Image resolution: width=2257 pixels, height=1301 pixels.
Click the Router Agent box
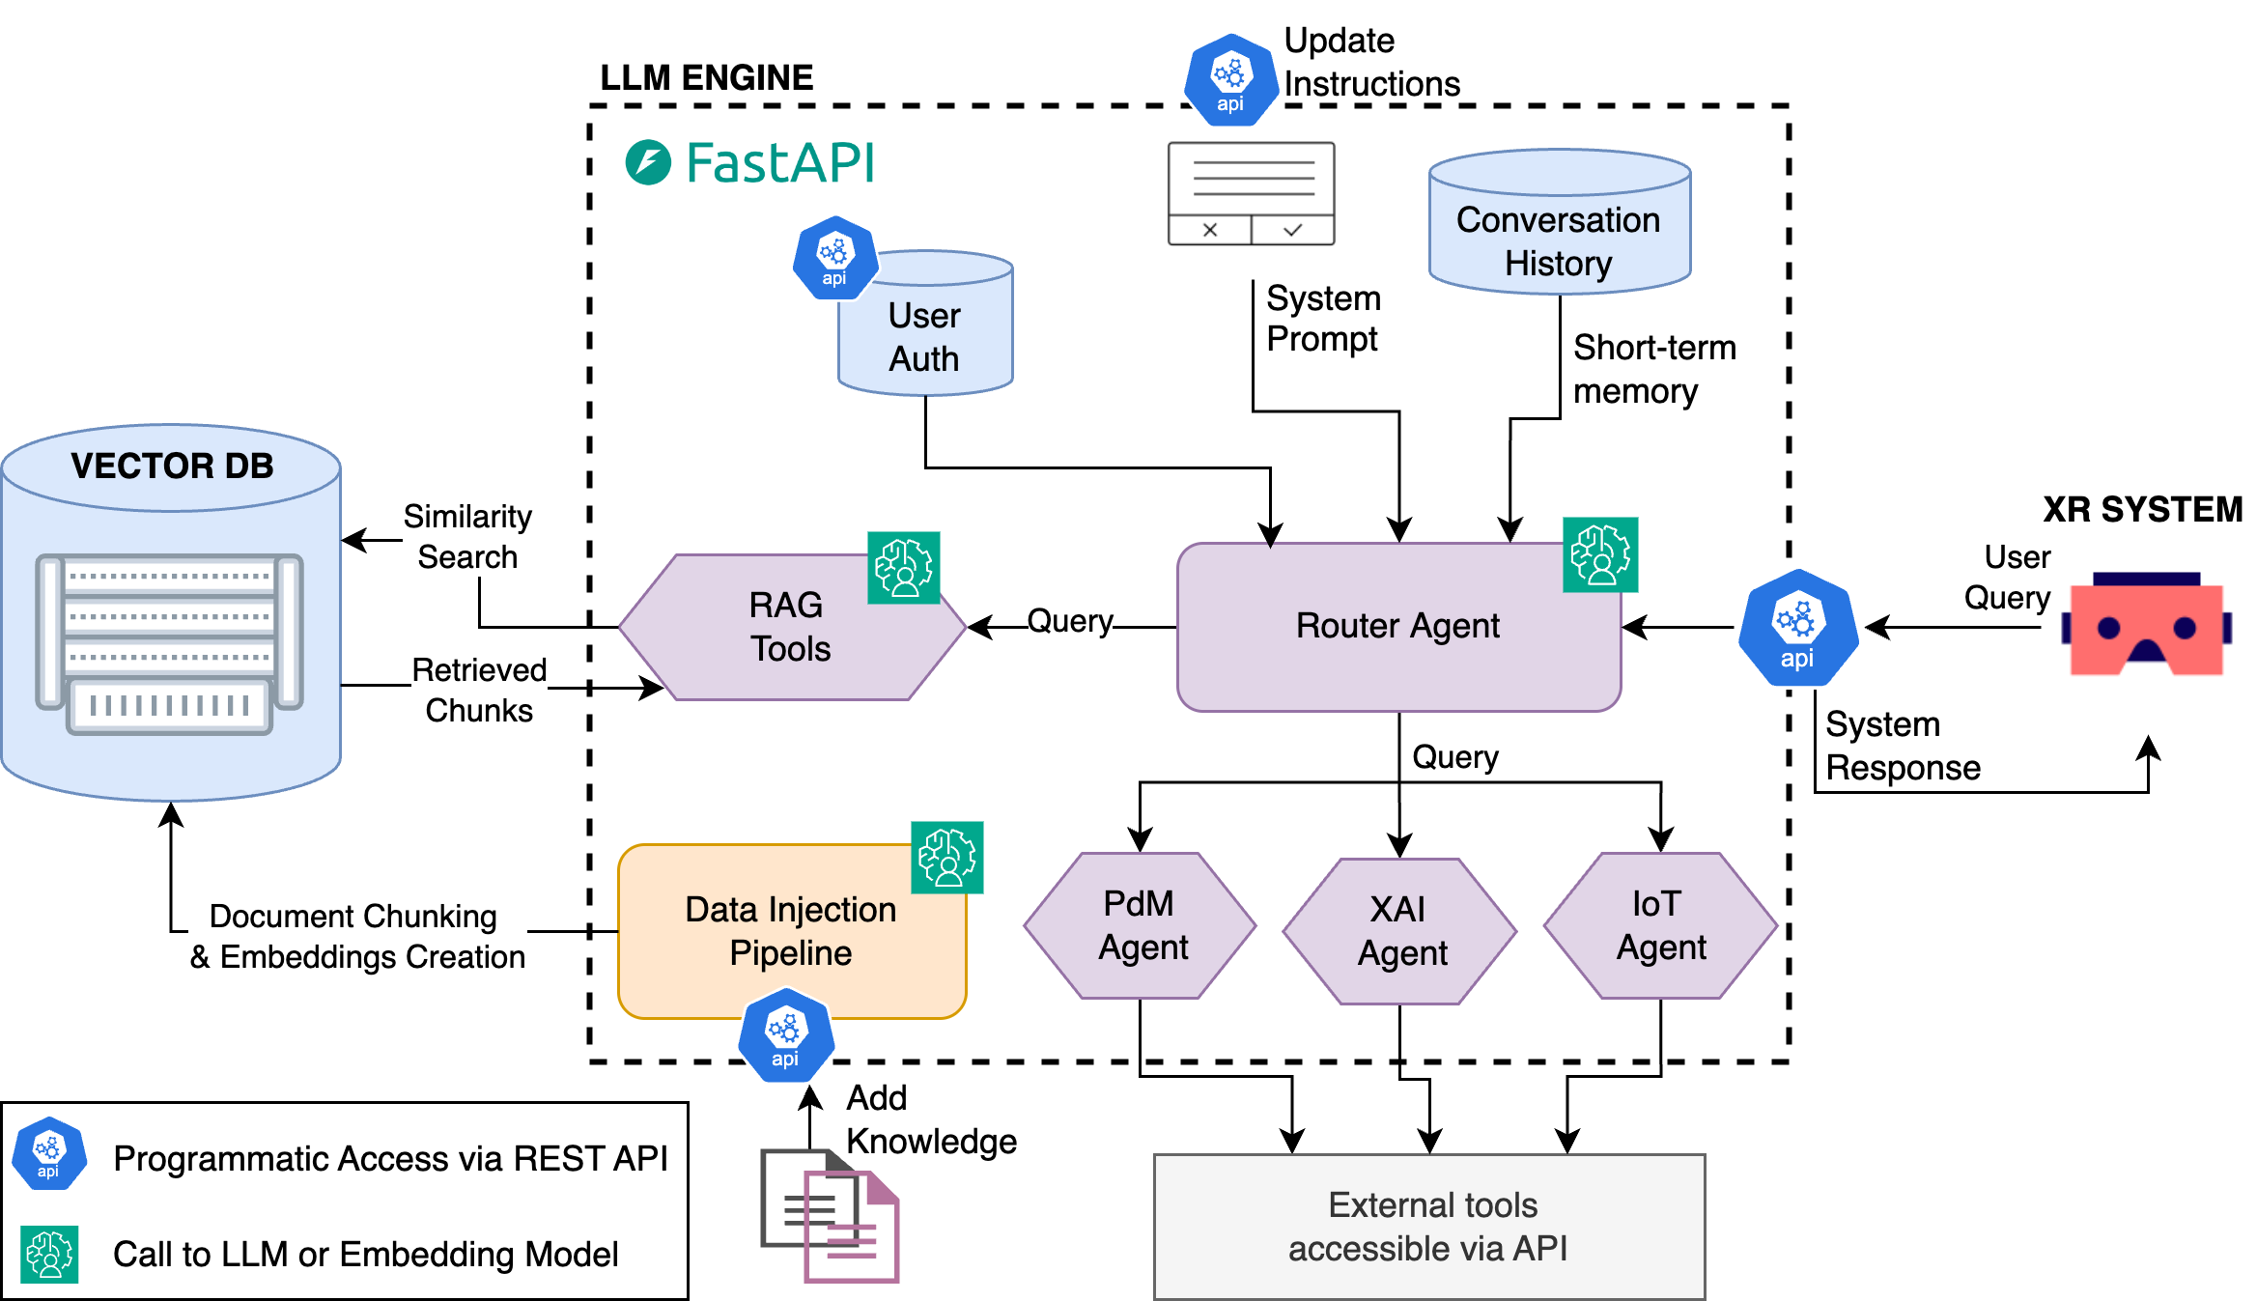tap(1397, 627)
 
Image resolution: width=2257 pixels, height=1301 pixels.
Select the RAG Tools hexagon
tap(790, 627)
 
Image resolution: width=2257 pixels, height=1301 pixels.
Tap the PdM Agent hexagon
tap(1141, 925)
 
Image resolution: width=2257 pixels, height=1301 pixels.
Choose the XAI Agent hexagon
tap(1399, 930)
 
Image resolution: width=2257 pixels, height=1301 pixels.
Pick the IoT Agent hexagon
tap(1660, 925)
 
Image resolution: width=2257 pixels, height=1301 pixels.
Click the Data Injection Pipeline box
tap(791, 931)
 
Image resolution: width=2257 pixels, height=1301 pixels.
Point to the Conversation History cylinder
tap(1559, 222)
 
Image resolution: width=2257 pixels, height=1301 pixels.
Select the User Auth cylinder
tap(925, 328)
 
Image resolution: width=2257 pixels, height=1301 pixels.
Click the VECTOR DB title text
tap(172, 467)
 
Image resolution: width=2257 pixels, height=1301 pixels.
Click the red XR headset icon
tap(2146, 626)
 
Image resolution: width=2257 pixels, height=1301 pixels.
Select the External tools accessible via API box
tap(1429, 1227)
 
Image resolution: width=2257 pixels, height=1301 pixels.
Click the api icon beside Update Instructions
tap(1229, 80)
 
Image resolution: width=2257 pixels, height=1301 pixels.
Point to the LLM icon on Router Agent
tap(1600, 554)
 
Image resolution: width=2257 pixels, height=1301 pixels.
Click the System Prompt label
tap(1323, 319)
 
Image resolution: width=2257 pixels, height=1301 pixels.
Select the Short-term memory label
tap(1653, 369)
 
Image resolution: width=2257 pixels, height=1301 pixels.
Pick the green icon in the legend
tap(49, 1254)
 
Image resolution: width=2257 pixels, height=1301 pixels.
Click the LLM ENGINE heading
tap(706, 77)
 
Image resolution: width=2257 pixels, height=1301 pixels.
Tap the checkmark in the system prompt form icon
tap(1293, 230)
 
